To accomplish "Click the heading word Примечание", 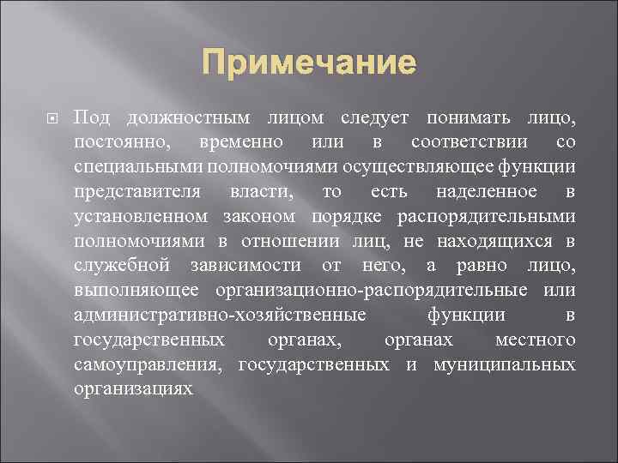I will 309,63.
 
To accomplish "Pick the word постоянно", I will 120,141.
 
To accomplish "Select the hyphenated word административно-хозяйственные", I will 221,316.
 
